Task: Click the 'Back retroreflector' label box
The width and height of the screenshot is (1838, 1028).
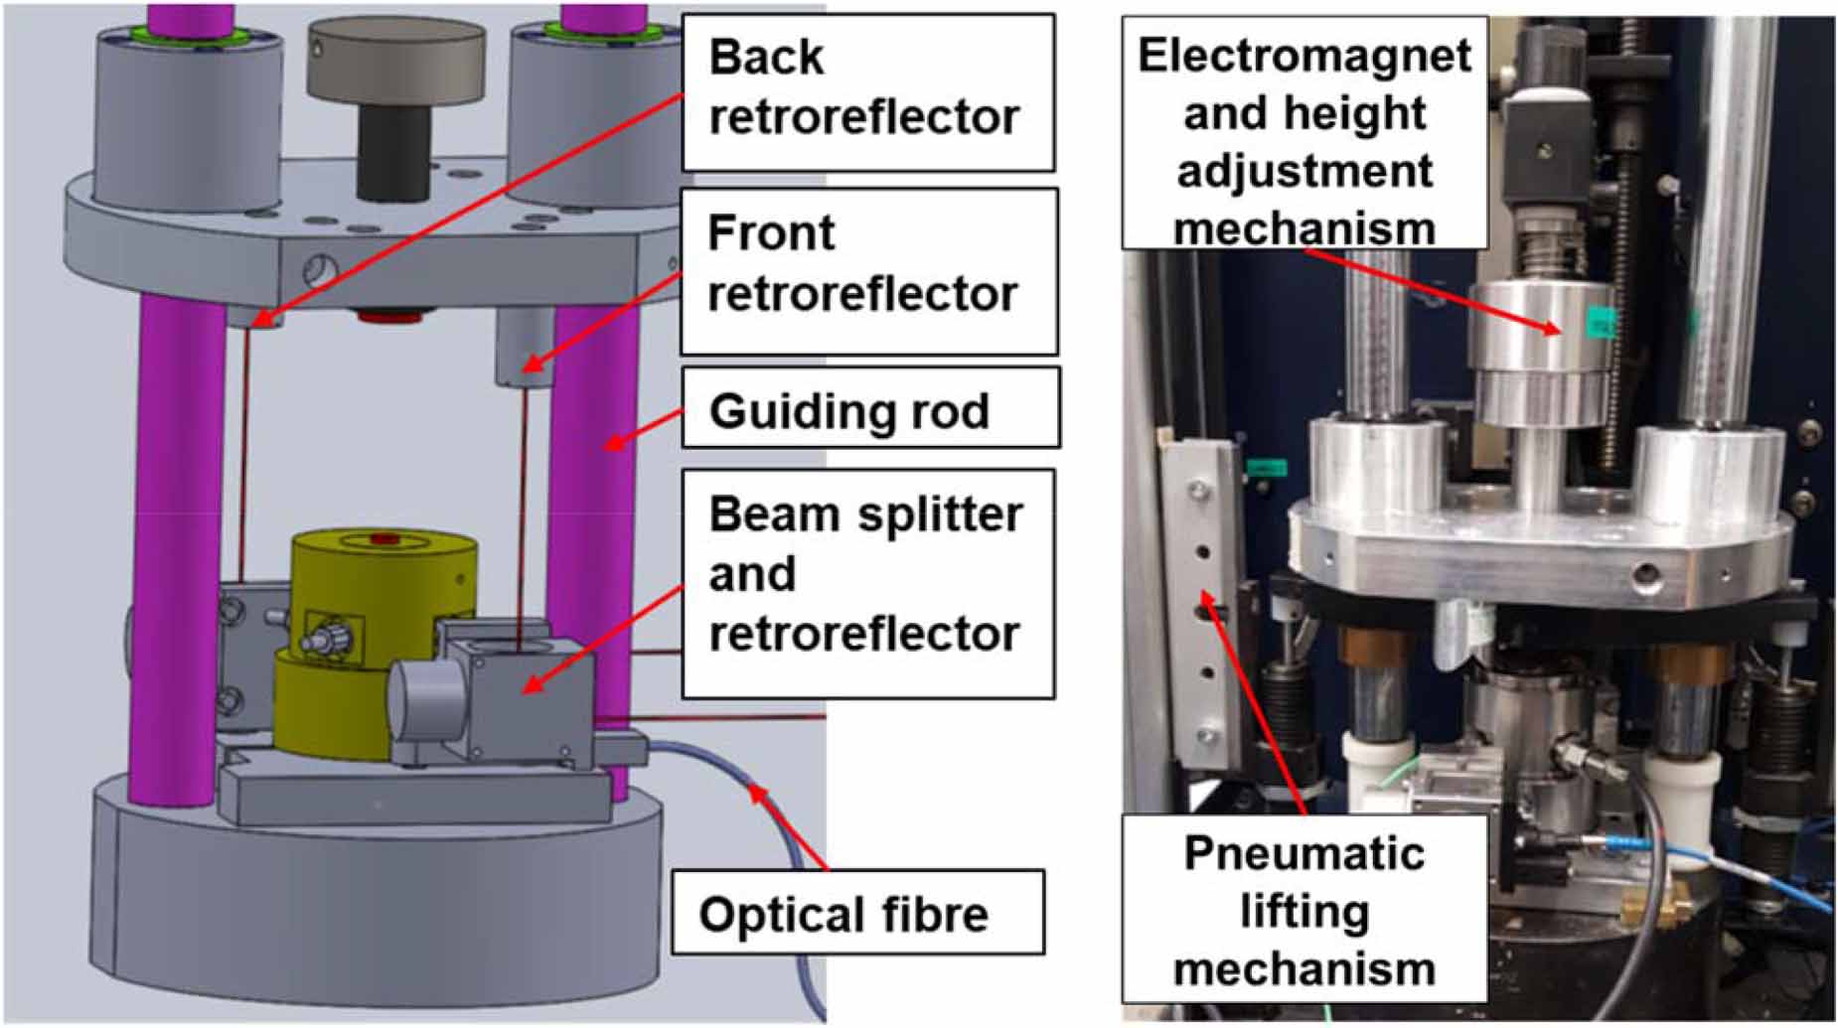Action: click(866, 91)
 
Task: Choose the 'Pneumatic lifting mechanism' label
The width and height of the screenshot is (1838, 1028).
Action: click(1303, 908)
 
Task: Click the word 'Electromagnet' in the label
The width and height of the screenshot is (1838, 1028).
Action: click(1303, 54)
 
